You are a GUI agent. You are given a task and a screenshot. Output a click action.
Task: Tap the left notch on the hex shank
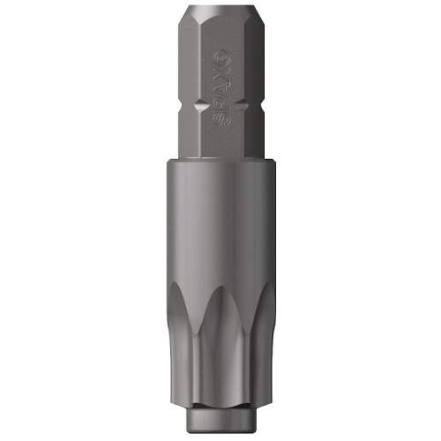201,105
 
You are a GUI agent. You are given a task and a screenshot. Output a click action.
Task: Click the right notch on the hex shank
243,105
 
